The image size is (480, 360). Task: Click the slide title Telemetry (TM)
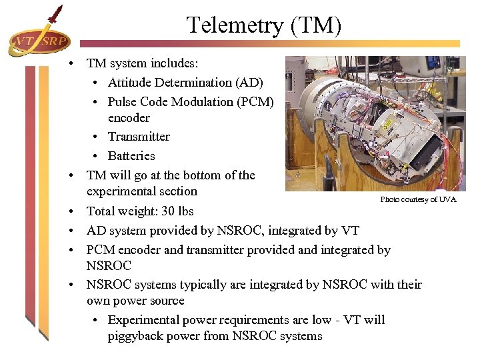pos(264,25)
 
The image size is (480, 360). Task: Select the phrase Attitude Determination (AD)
pos(185,83)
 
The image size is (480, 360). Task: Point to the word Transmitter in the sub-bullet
pos(139,137)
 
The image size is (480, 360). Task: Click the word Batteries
pos(131,156)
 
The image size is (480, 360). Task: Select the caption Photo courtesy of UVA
pos(418,199)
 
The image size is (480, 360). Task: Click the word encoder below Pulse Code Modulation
pos(129,118)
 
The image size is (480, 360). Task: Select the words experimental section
pos(142,191)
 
